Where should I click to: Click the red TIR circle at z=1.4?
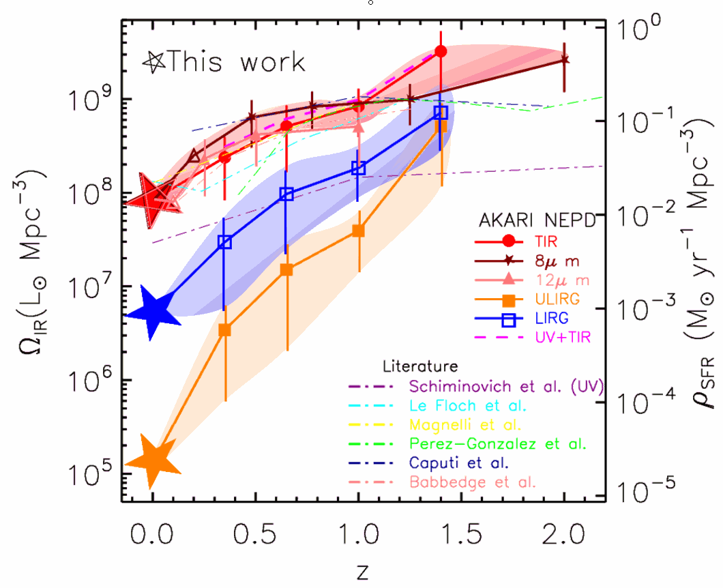click(441, 51)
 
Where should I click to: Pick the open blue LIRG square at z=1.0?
click(359, 168)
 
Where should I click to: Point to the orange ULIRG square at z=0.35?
click(224, 330)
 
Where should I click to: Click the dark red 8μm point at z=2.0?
click(564, 60)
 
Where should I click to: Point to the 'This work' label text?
click(236, 62)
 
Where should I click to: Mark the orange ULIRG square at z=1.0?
click(358, 231)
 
